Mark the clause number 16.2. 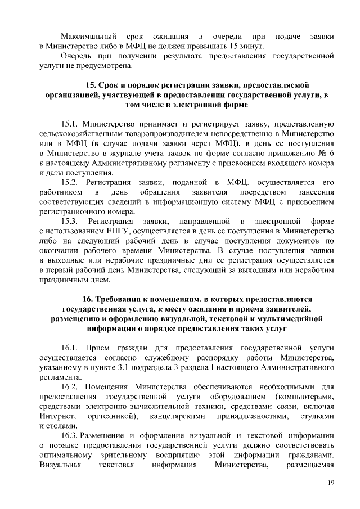69,387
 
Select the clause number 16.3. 69,436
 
